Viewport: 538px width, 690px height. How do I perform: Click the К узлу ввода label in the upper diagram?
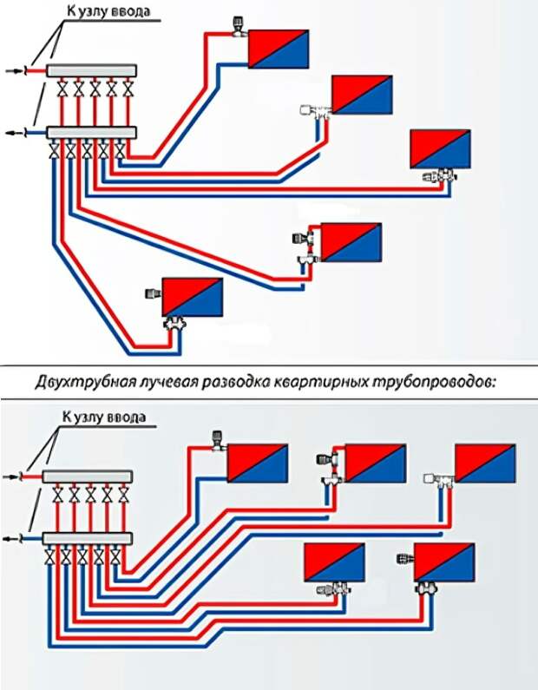click(x=108, y=11)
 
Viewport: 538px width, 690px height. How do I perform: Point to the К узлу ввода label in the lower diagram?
click(x=104, y=416)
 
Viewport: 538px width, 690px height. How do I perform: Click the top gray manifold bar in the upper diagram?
click(x=91, y=70)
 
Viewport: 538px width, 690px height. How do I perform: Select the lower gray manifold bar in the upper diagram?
click(x=91, y=133)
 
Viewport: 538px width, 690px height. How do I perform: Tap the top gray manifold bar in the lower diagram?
click(x=88, y=476)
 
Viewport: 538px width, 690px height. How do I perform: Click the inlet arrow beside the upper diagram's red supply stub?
click(x=14, y=70)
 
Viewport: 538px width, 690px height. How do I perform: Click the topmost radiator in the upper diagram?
click(x=279, y=49)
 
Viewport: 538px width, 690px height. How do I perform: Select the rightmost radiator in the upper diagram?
click(x=440, y=148)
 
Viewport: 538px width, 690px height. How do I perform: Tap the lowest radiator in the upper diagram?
click(x=193, y=297)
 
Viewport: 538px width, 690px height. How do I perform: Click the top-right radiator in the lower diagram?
click(x=485, y=463)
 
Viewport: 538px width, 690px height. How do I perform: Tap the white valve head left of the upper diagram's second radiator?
click(x=305, y=110)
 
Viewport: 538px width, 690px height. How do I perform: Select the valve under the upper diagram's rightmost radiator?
click(x=440, y=175)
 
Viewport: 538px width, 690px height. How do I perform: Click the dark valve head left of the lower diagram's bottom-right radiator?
click(x=404, y=559)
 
